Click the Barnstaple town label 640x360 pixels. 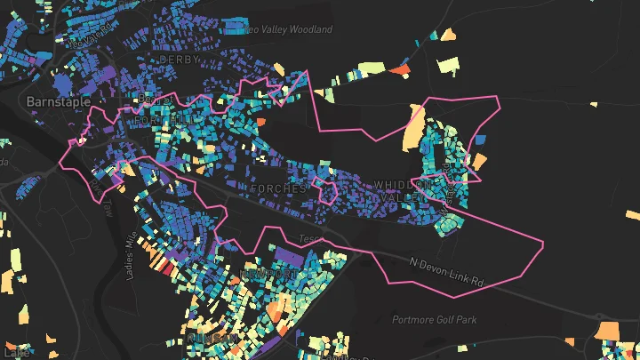point(59,102)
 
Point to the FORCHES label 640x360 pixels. point(278,189)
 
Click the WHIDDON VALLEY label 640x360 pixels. point(406,189)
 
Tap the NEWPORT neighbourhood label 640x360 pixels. point(266,275)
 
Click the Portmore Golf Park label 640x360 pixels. point(435,319)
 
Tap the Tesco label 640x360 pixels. point(308,239)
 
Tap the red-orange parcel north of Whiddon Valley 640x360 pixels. point(401,68)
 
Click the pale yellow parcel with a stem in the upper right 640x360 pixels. point(449,65)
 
